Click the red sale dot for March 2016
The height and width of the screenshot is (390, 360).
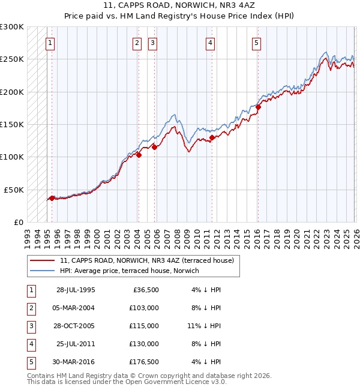pos(258,107)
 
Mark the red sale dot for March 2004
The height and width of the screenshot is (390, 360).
pos(139,155)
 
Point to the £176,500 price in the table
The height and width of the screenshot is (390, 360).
pos(144,361)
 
